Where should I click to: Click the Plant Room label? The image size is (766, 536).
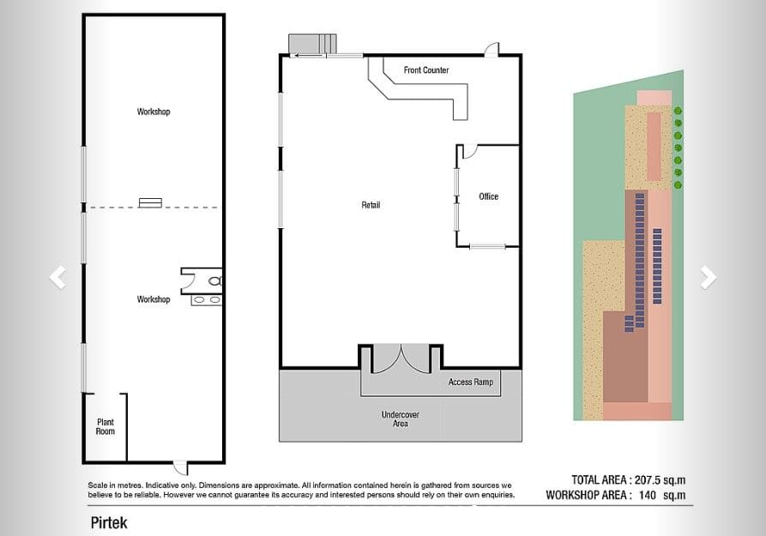105,426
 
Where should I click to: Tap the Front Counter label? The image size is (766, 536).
426,70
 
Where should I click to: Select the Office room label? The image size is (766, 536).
489,196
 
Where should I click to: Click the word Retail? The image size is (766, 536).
371,205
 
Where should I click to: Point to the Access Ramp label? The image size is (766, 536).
471,382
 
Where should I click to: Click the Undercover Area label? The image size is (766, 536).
400,419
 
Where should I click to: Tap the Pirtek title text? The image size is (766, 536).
109,523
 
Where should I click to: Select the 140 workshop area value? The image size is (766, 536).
648,495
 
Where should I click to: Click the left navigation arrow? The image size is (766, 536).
57,278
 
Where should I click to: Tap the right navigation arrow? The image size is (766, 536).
709,278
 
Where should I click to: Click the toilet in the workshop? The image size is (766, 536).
215,281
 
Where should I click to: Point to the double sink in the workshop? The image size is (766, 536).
206,299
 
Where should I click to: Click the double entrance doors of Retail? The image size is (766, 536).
401,359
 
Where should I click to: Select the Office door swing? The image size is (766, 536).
469,152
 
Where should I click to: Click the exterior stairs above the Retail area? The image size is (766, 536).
312,44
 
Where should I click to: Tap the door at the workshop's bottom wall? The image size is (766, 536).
180,468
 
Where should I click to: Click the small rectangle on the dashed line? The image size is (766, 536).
150,202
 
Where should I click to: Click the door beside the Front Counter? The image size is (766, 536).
492,50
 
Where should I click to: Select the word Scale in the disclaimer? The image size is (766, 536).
97,485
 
